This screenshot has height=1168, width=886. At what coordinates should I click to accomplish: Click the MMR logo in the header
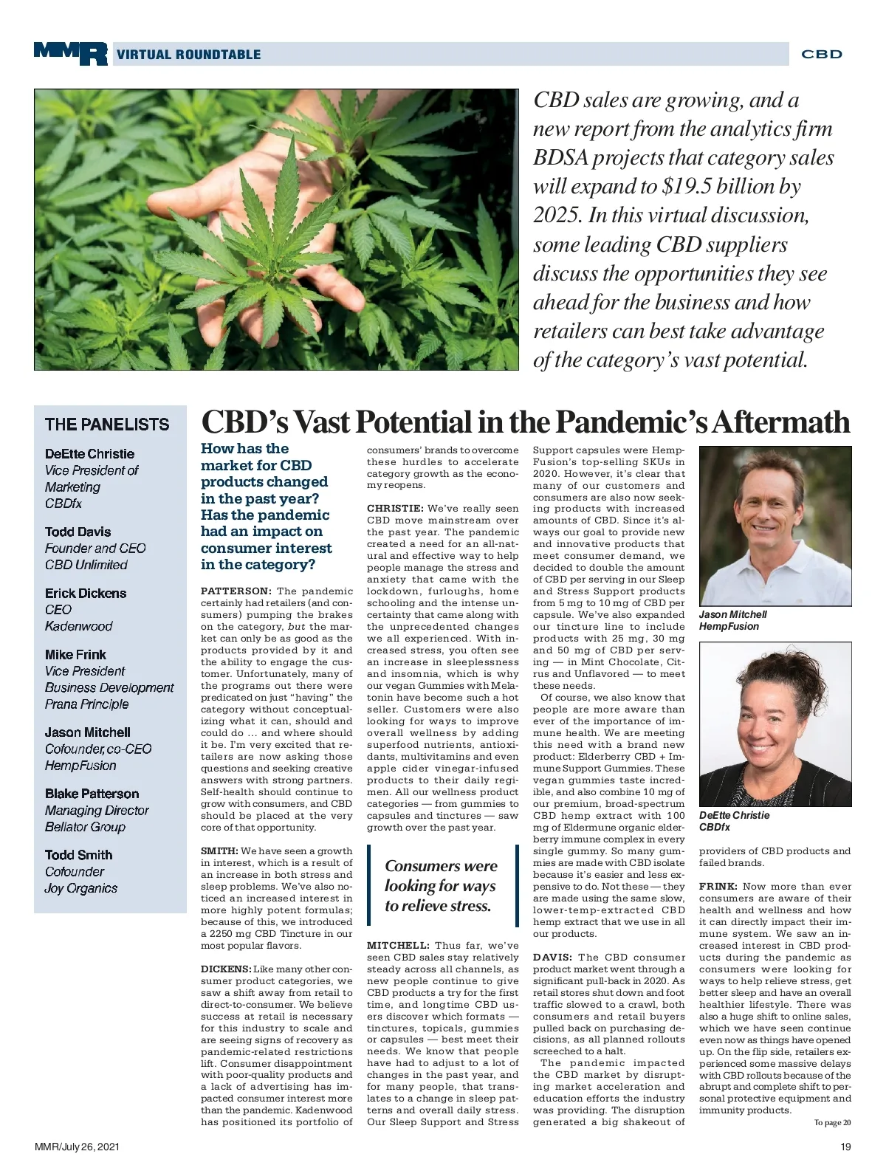tap(70, 53)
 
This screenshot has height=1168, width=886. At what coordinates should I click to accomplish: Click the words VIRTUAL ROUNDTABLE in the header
tap(188, 55)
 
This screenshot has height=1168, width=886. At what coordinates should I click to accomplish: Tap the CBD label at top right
tap(821, 54)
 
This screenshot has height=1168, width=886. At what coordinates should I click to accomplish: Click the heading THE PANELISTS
tap(107, 425)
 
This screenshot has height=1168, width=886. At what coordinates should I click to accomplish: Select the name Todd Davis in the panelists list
tap(78, 532)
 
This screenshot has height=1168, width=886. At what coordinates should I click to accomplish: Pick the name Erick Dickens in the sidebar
tap(85, 593)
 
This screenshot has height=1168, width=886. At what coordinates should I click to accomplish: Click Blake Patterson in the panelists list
tap(92, 794)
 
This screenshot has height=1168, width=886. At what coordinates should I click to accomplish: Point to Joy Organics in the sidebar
tap(80, 888)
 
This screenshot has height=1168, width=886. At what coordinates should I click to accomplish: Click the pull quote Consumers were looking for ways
tap(441, 885)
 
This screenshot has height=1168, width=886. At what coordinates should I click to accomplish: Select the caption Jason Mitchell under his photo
tap(733, 614)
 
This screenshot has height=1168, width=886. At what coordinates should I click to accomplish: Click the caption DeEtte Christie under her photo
tap(734, 815)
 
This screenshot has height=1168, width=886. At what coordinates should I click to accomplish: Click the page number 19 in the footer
tap(845, 1147)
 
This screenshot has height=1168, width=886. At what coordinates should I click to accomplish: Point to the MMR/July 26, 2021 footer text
tap(77, 1147)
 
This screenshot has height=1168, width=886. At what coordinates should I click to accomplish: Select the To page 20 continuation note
tap(832, 1123)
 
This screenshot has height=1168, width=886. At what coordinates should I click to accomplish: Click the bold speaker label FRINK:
tap(718, 887)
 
